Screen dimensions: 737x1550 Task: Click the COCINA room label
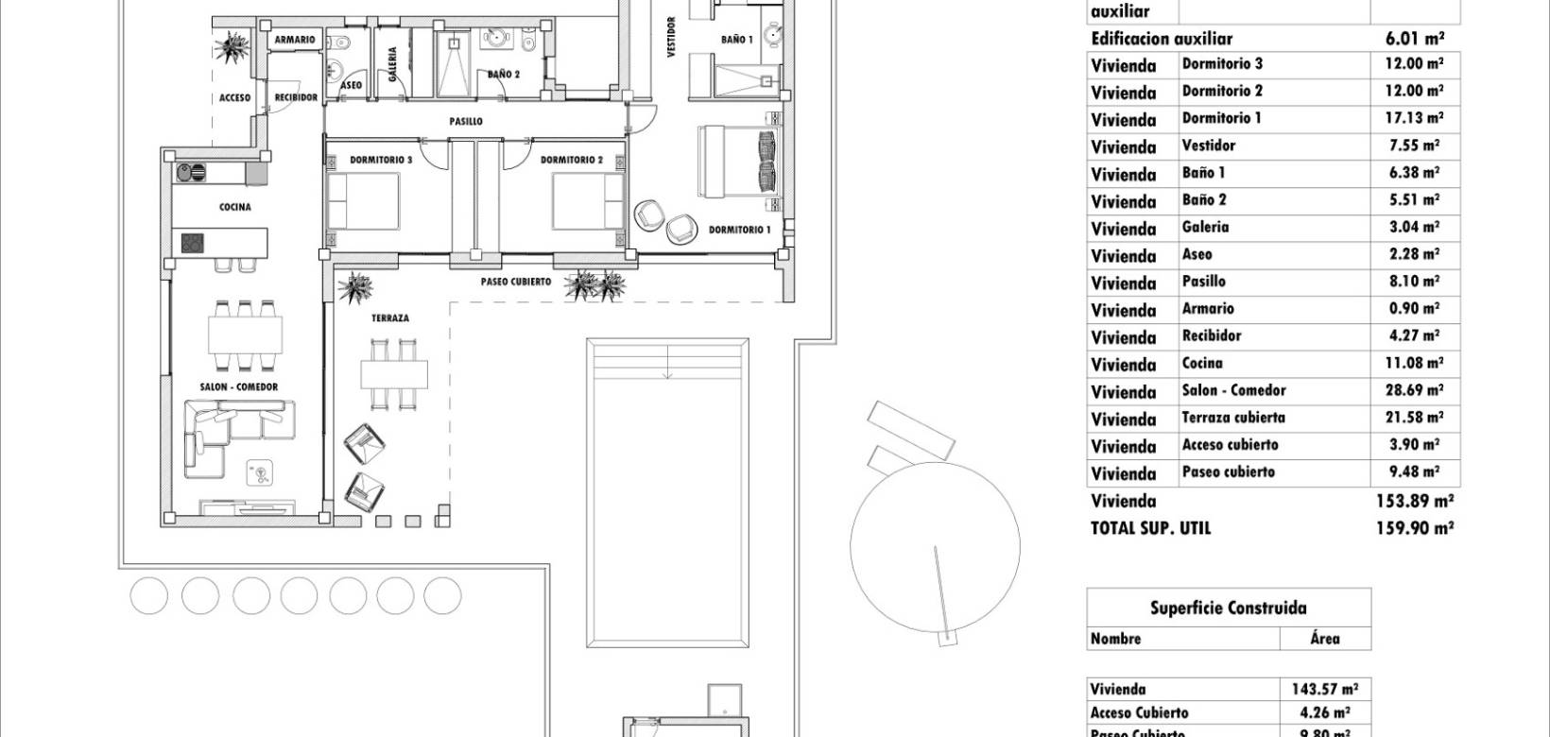pos(234,207)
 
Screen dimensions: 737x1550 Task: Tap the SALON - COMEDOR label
pos(239,387)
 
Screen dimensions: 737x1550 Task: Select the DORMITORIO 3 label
pos(381,161)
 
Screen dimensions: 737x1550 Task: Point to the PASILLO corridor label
pos(466,122)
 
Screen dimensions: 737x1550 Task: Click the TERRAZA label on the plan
pos(390,319)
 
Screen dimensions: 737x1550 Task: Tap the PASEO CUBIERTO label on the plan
pos(515,282)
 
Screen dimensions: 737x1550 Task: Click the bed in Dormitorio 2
pos(587,200)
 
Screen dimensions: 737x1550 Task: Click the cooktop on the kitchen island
pos(193,243)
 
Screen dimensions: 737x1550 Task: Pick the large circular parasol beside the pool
pos(934,546)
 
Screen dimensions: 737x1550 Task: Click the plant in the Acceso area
pos(230,47)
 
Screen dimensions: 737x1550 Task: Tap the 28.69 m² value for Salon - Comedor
pos(1414,390)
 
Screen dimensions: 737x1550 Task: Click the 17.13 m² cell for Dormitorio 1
pos(1414,118)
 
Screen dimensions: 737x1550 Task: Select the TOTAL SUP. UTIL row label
pos(1150,529)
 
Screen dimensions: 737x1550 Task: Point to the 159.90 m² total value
pos(1414,529)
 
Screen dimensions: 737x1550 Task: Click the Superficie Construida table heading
pos(1228,608)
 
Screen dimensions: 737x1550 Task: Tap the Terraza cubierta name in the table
pos(1233,418)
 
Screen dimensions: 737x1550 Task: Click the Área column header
pos(1325,639)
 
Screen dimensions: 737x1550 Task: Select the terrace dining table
pos(393,374)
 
